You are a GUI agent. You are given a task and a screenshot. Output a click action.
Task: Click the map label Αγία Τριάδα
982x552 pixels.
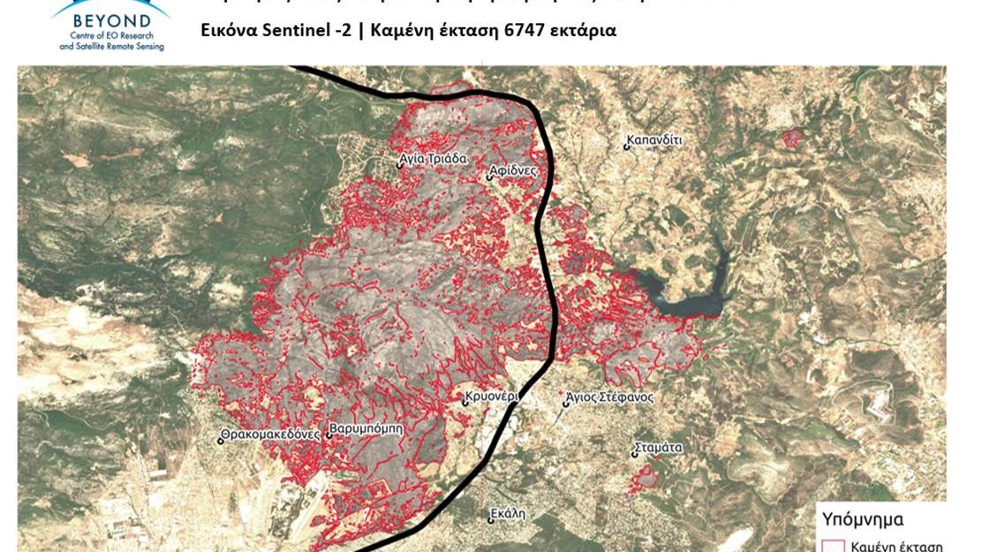(x=433, y=160)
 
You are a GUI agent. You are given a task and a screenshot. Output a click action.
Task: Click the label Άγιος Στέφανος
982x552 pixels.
(x=611, y=397)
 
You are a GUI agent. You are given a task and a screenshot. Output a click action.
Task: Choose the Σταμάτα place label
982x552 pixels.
(x=660, y=448)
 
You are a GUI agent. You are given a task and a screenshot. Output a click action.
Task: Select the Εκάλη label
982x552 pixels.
(x=509, y=512)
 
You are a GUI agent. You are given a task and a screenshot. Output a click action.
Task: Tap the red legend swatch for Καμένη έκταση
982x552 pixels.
(x=832, y=545)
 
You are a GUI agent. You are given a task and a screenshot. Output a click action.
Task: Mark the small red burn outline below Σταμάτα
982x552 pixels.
(x=646, y=477)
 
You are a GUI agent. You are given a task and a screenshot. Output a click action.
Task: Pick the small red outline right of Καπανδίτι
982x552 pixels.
(x=792, y=137)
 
